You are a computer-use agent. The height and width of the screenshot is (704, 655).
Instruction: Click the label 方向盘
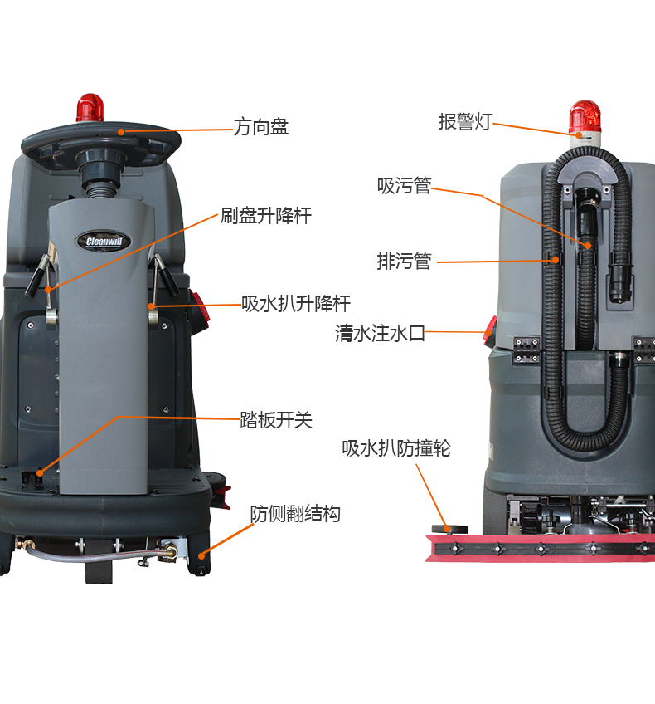pyautogui.click(x=260, y=128)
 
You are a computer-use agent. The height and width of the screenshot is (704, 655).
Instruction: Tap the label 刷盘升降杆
pyautogui.click(x=265, y=217)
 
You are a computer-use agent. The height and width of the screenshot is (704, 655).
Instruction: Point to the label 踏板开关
pyautogui.click(x=276, y=420)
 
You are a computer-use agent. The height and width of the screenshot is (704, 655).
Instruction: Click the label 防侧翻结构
pyautogui.click(x=295, y=515)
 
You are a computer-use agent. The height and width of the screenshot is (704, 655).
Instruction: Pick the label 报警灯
pyautogui.click(x=464, y=122)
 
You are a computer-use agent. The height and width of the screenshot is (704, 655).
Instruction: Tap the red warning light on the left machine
pyautogui.click(x=91, y=107)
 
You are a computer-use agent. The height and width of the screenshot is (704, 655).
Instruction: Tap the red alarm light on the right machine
pyautogui.click(x=585, y=117)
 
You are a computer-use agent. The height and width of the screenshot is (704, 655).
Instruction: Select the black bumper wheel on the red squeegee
pyautogui.click(x=454, y=528)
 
